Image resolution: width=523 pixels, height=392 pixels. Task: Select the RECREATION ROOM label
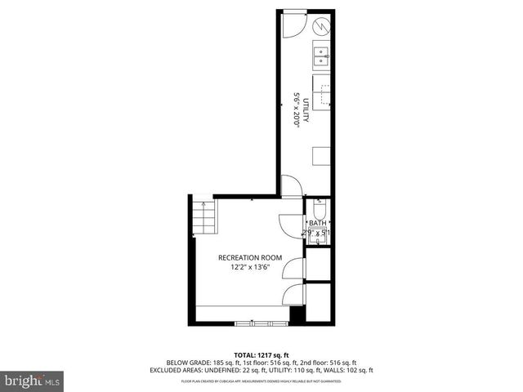(x=249, y=258)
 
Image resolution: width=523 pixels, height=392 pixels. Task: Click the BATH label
(x=316, y=224)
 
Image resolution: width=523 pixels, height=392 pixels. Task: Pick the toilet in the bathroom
(x=317, y=207)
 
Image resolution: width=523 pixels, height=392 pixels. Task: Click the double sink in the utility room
(x=320, y=56)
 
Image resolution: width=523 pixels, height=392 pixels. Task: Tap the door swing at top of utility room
(x=293, y=25)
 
